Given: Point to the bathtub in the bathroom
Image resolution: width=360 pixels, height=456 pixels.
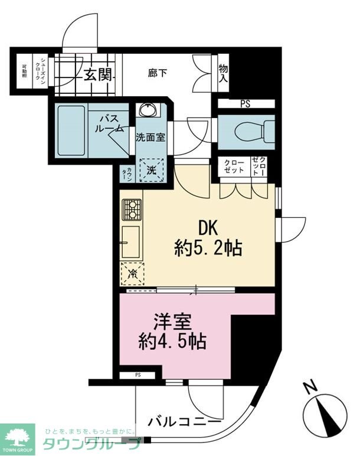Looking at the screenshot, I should [x=71, y=130].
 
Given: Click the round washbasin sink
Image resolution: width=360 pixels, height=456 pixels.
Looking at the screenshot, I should [x=146, y=110].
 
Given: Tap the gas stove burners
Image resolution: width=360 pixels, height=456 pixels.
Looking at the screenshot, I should [x=132, y=210].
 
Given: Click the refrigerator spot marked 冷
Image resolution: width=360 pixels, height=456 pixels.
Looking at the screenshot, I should [x=133, y=273].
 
